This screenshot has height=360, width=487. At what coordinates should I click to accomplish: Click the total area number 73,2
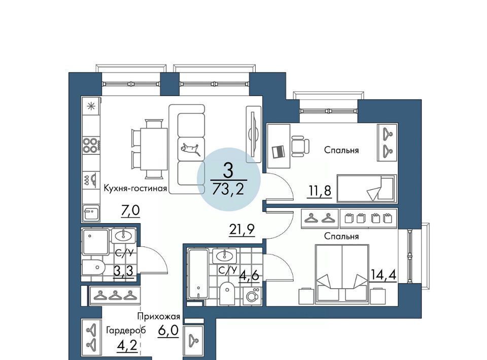[x=228, y=189]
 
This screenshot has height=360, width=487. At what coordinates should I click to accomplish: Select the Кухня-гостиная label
[x=135, y=188]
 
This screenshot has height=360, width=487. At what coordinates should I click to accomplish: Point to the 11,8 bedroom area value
[x=320, y=191]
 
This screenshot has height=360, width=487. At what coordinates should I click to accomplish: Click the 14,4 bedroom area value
[x=384, y=275]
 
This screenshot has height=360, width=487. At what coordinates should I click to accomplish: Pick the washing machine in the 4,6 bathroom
[x=252, y=296]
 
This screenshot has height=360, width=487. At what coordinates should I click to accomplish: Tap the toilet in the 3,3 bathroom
[x=93, y=267]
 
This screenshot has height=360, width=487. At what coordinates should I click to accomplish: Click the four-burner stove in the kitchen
[x=90, y=146]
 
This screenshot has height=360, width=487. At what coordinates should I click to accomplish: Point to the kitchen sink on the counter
[x=91, y=213]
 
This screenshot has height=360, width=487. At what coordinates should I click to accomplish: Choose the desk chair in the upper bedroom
[x=300, y=146]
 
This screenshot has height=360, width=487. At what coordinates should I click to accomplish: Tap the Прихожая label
[x=159, y=316]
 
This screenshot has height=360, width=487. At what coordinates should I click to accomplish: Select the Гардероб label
[x=126, y=331]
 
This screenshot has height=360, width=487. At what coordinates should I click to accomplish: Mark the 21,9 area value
[x=242, y=230]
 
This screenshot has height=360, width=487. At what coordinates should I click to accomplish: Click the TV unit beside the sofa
[x=254, y=134]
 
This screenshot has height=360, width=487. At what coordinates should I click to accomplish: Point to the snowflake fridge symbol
[x=91, y=106]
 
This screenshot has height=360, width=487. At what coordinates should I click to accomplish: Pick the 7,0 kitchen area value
[x=130, y=211]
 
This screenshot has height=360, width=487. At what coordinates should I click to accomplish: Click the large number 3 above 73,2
[x=228, y=171]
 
